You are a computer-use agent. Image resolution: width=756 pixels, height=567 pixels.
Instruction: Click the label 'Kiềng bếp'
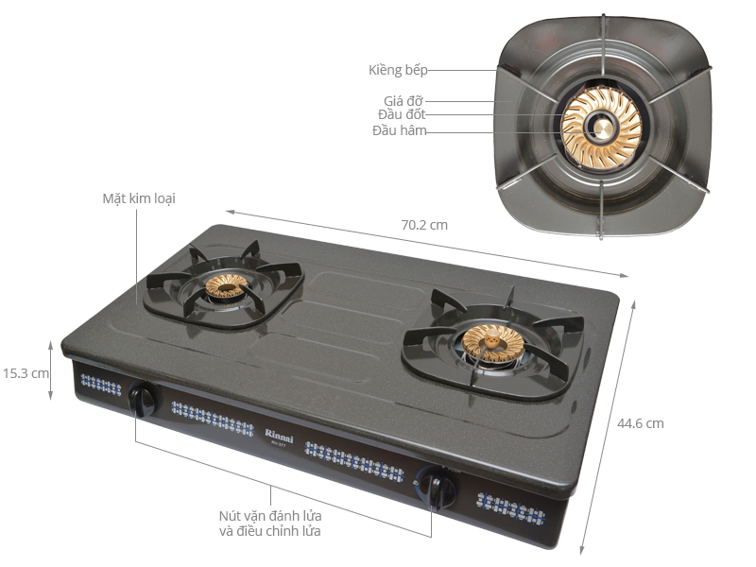pyautogui.click(x=398, y=70)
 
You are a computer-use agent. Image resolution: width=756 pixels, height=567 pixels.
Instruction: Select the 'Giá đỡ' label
pyautogui.click(x=404, y=101)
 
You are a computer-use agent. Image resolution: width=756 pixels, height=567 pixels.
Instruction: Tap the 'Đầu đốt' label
pyautogui.click(x=402, y=114)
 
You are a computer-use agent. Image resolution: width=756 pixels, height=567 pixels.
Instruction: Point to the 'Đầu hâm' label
pyautogui.click(x=399, y=130)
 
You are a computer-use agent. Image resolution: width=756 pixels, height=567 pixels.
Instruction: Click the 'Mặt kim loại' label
pyautogui.click(x=139, y=198)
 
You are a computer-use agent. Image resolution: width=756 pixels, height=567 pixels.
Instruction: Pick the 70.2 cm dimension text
pyautogui.click(x=424, y=225)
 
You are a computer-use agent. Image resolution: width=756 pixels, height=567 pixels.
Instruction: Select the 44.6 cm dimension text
pyautogui.click(x=641, y=423)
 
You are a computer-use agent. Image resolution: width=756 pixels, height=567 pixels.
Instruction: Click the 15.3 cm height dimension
pyautogui.click(x=26, y=373)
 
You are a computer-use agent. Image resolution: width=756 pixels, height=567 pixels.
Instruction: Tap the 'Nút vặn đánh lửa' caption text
pyautogui.click(x=270, y=516)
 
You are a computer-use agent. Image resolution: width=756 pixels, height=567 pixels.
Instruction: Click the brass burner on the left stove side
pyautogui.click(x=227, y=286)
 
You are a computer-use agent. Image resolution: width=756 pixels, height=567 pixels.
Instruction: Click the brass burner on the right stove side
pyautogui.click(x=492, y=343)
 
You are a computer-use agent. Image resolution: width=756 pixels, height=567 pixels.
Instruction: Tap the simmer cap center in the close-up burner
pyautogui.click(x=601, y=129)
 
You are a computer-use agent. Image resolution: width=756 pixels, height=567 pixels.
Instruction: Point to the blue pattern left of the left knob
pyautogui.click(x=101, y=385)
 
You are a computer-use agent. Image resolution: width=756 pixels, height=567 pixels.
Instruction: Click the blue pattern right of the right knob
pyautogui.click(x=511, y=508)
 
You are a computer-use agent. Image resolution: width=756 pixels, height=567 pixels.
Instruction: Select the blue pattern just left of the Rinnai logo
pyautogui.click(x=213, y=419)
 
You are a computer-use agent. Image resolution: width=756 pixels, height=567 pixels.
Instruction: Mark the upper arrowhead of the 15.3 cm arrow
pyautogui.click(x=51, y=343)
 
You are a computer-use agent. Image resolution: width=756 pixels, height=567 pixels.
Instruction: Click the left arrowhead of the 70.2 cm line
pyautogui.click(x=230, y=212)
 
